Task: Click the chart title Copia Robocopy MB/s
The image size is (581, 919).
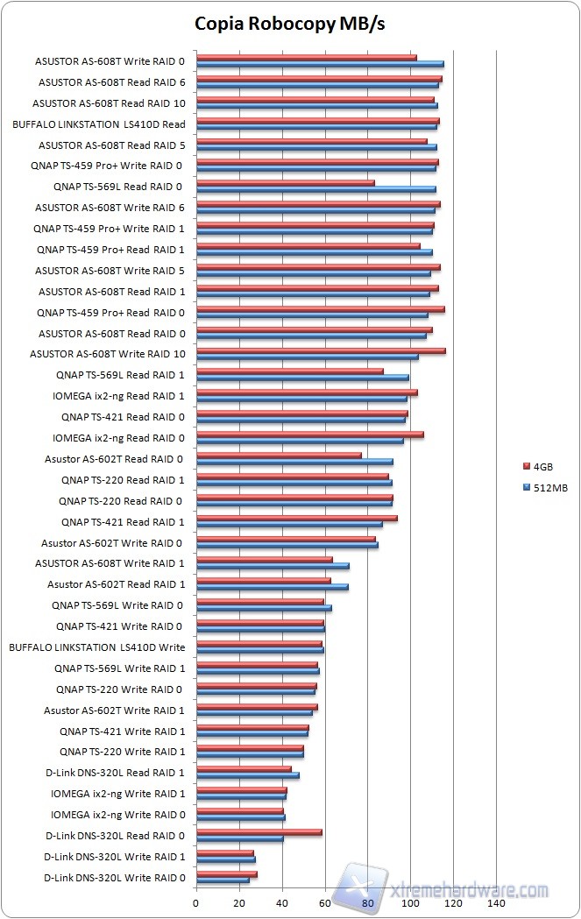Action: tap(290, 24)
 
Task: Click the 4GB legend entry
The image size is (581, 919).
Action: tap(542, 467)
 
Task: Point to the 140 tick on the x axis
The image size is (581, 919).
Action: tap(497, 902)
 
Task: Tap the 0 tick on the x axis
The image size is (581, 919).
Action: tap(196, 902)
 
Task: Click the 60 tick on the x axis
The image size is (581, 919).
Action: tap(325, 902)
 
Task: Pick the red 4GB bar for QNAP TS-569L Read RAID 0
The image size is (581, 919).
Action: tap(285, 183)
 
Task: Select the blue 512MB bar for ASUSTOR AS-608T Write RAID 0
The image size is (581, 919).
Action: tap(320, 64)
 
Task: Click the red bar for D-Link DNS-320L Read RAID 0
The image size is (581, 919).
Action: tap(259, 832)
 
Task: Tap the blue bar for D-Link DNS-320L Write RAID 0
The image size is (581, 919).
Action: tap(223, 880)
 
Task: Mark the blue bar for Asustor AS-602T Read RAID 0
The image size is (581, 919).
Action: tap(294, 462)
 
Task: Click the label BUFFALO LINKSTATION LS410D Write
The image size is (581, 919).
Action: tap(96, 647)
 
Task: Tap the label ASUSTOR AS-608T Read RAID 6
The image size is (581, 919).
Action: tap(111, 82)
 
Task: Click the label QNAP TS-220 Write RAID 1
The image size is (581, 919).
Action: tap(122, 752)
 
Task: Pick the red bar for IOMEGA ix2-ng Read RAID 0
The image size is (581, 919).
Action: tap(309, 435)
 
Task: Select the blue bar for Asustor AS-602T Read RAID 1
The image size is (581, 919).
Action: tap(272, 587)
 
